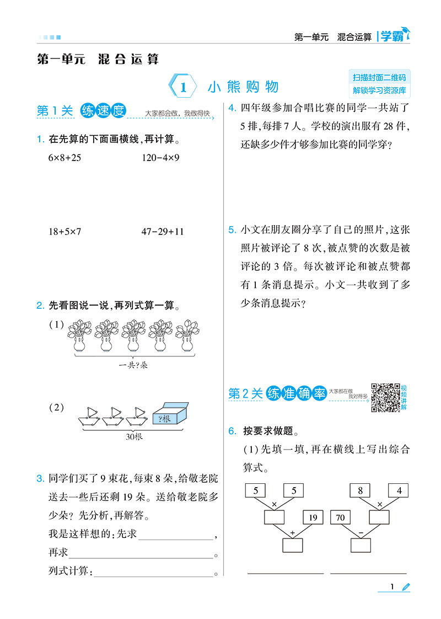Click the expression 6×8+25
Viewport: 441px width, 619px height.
64,158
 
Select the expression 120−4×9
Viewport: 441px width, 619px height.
160,158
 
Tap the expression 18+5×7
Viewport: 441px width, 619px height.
64,231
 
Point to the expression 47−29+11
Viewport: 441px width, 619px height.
163,231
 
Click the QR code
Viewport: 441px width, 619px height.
386,398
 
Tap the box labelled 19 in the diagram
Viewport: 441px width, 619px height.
313,517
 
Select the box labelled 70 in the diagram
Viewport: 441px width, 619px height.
341,517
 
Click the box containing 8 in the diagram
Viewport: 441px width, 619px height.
360,490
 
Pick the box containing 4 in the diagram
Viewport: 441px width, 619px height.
399,490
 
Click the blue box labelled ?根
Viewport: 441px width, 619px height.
170,414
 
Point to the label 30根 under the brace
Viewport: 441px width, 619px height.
134,436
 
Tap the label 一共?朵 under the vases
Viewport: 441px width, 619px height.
133,365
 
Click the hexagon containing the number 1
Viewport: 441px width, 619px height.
183,87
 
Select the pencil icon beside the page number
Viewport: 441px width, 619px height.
406,587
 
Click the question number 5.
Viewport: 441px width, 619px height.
232,230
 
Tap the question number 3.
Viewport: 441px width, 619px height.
40,478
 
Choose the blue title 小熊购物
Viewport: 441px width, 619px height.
244,87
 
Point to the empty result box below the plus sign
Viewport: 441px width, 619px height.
293,545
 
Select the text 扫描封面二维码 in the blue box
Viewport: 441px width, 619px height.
379,77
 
